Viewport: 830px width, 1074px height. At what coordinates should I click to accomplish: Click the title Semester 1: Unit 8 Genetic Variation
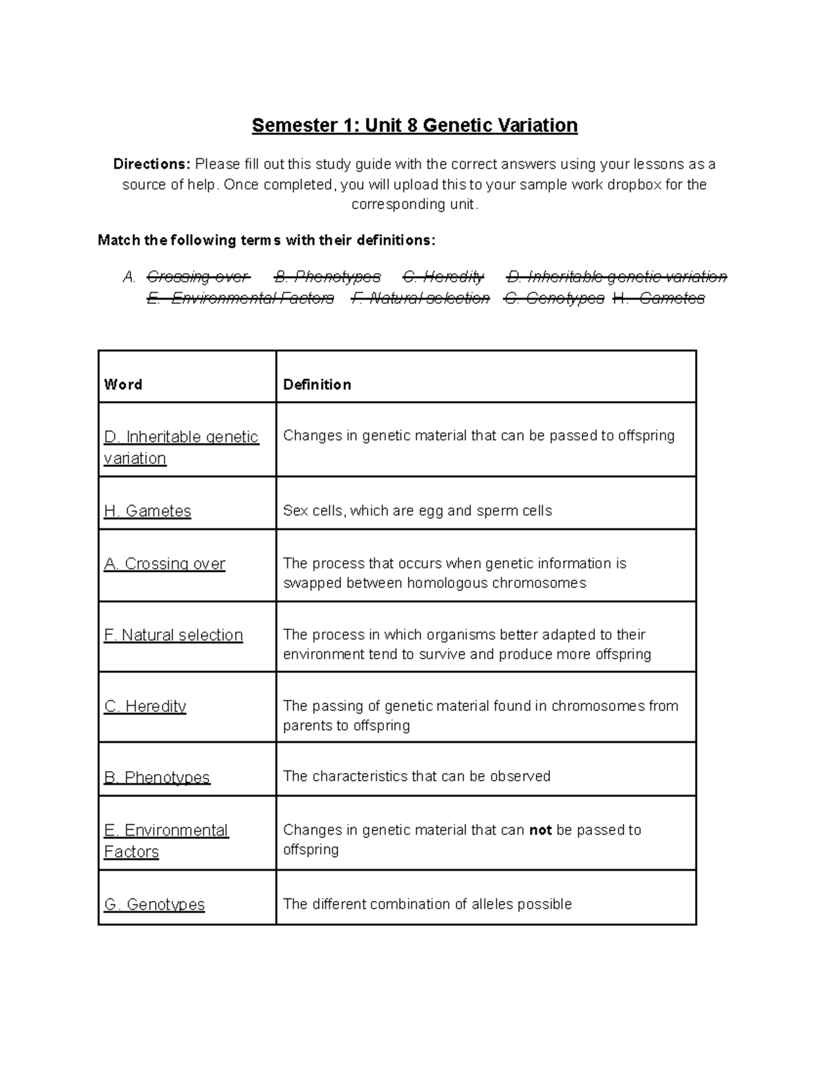[x=414, y=125]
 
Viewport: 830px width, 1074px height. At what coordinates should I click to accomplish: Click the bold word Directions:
[x=151, y=165]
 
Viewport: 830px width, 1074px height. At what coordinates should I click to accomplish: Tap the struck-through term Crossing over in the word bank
[x=197, y=277]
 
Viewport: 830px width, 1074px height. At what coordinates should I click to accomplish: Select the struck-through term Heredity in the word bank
[x=443, y=277]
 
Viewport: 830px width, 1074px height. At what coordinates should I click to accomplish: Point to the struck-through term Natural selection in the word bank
[x=421, y=298]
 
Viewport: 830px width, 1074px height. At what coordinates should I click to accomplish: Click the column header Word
[x=123, y=385]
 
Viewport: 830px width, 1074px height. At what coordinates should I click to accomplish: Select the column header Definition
[x=317, y=385]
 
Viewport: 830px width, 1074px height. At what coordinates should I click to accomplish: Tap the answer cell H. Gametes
[x=147, y=511]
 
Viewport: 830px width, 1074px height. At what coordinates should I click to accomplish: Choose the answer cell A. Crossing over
[x=165, y=564]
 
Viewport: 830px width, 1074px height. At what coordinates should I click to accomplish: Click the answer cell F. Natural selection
[x=174, y=635]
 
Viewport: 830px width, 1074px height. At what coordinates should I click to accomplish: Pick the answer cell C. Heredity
[x=145, y=706]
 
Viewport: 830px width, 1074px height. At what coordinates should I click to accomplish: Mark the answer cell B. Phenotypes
[x=157, y=777]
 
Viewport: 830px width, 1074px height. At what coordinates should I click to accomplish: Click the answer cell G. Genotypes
[x=154, y=905]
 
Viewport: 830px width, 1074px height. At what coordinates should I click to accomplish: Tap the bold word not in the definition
[x=540, y=830]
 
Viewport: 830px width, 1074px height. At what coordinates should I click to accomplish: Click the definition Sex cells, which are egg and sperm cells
[x=418, y=511]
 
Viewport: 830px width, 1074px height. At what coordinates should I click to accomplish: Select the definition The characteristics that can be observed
[x=416, y=777]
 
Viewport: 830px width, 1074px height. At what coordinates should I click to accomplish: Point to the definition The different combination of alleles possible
[x=427, y=905]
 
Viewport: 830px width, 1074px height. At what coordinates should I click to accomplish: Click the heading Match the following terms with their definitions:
[x=266, y=240]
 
